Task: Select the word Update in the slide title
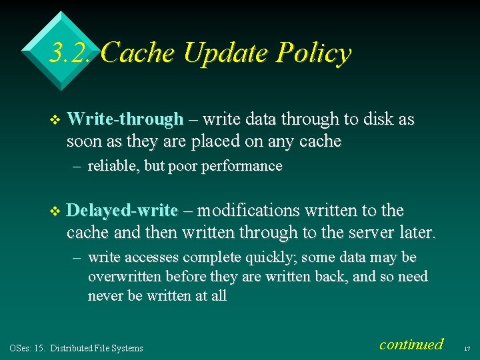(221, 53)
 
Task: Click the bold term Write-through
(125, 120)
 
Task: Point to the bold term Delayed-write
(123, 211)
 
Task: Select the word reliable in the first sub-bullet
(113, 166)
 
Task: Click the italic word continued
(411, 344)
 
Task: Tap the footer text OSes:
(19, 348)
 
